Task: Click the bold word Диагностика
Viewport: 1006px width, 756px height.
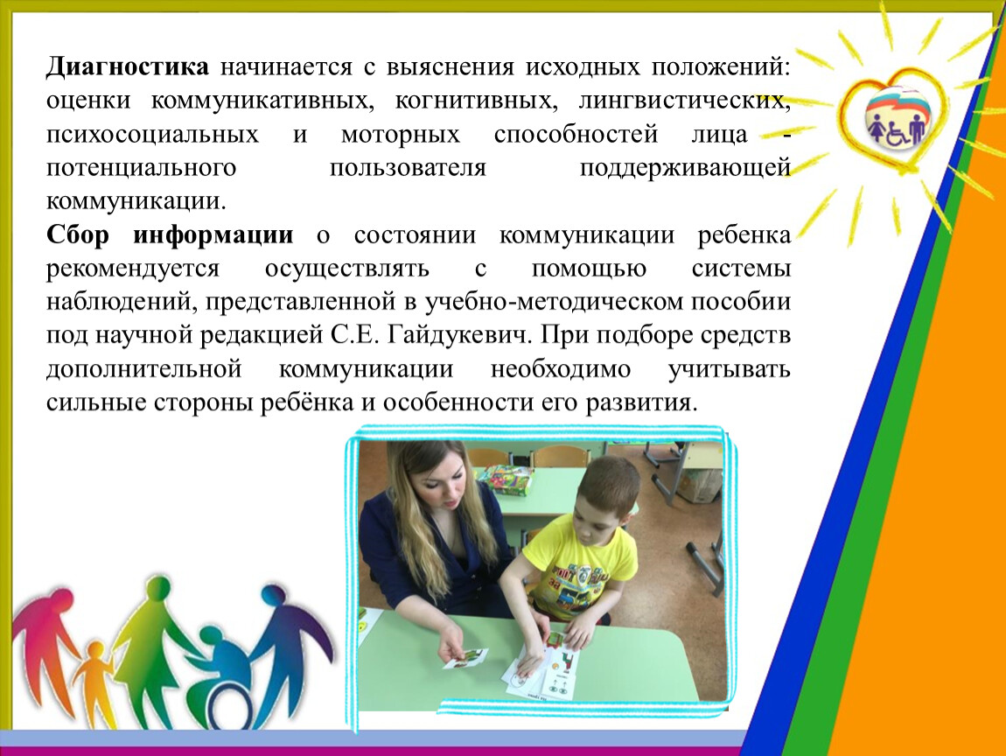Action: point(127,67)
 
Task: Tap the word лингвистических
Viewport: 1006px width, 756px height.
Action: point(685,101)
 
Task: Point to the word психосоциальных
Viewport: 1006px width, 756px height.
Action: point(153,134)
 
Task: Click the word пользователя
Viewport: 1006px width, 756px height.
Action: point(408,168)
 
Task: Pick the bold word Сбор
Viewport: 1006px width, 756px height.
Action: point(78,234)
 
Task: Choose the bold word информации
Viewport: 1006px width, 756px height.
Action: point(213,234)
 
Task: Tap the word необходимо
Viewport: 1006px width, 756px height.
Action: point(561,369)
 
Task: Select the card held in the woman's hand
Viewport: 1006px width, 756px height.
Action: point(465,659)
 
